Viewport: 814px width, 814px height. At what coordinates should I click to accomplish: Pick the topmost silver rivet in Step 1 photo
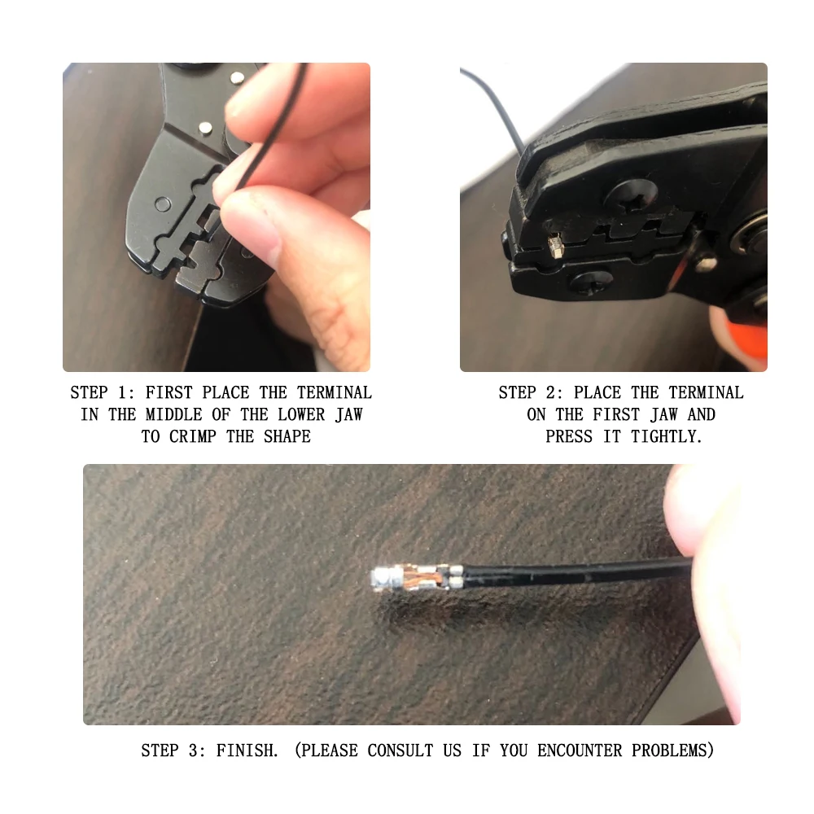[238, 78]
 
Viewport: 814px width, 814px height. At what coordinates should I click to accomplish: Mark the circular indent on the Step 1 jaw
[163, 203]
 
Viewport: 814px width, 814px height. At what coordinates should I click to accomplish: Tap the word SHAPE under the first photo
[287, 436]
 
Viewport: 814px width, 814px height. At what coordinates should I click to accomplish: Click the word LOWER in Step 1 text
[287, 414]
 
